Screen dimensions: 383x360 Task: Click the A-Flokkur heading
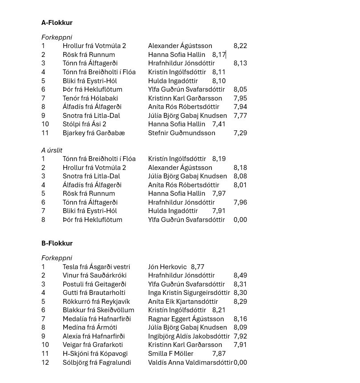pyautogui.click(x=57, y=23)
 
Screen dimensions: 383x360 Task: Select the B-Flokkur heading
pyautogui.click(x=57, y=243)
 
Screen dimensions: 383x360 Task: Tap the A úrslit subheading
pyautogui.click(x=52, y=150)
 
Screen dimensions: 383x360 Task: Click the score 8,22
pyautogui.click(x=240, y=46)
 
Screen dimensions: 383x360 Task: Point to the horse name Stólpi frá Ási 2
pyautogui.click(x=85, y=124)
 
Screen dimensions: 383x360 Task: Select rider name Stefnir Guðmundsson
pyautogui.click(x=182, y=133)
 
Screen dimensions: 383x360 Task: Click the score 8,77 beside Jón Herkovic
pyautogui.click(x=198, y=267)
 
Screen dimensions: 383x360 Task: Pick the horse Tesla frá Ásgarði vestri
pyautogui.click(x=97, y=267)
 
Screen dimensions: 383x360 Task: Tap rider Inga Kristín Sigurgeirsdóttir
pyautogui.click(x=189, y=293)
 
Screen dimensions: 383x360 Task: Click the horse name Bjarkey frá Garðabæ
pyautogui.click(x=94, y=133)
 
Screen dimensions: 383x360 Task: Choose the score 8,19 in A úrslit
pyautogui.click(x=219, y=159)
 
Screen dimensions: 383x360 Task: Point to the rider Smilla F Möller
pyautogui.click(x=171, y=354)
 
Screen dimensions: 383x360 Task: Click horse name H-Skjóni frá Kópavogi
pyautogui.click(x=95, y=354)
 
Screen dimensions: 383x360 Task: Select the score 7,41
pyautogui.click(x=219, y=124)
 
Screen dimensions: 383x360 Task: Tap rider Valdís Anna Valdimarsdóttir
pyautogui.click(x=190, y=363)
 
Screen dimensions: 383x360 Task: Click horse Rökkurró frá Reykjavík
pyautogui.click(x=97, y=302)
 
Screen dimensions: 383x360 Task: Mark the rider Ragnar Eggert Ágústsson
pyautogui.click(x=186, y=319)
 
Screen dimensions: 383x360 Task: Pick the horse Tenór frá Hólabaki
pyautogui.click(x=90, y=98)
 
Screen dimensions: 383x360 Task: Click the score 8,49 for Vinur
pyautogui.click(x=240, y=275)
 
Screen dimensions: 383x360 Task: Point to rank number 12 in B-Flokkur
pyautogui.click(x=45, y=363)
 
